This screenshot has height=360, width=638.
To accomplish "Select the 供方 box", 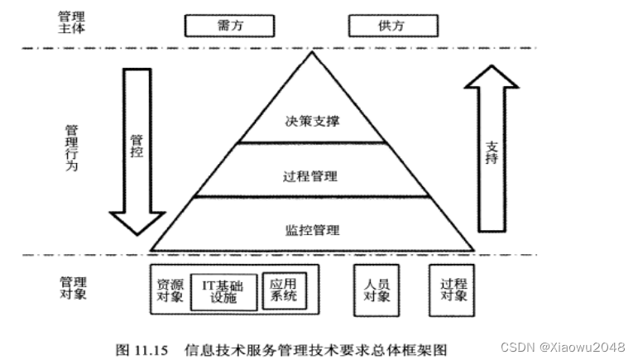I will [x=391, y=25].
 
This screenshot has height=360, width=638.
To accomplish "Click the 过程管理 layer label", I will [x=311, y=176].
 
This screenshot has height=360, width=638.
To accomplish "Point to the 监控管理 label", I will [x=311, y=229].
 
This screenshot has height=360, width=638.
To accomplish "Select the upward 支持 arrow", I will [x=491, y=149].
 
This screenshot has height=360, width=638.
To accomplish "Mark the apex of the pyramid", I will [x=312, y=54].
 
